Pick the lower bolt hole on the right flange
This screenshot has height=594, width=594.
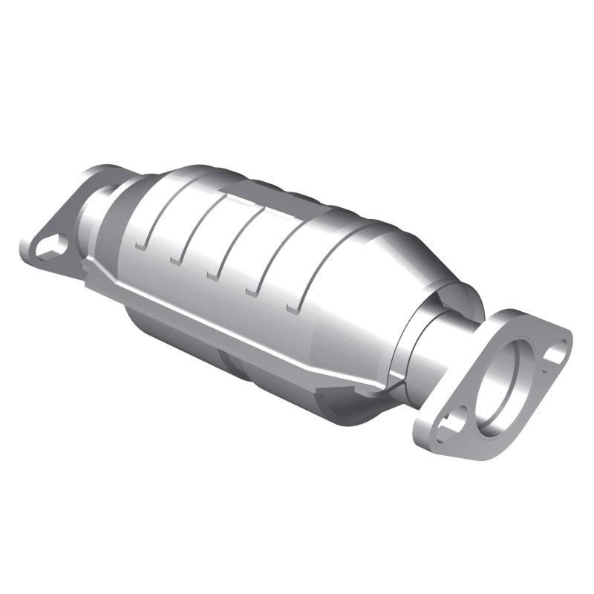[451, 424]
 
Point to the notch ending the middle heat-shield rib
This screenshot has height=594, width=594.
[216, 274]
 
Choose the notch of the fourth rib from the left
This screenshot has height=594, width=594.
[255, 290]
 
